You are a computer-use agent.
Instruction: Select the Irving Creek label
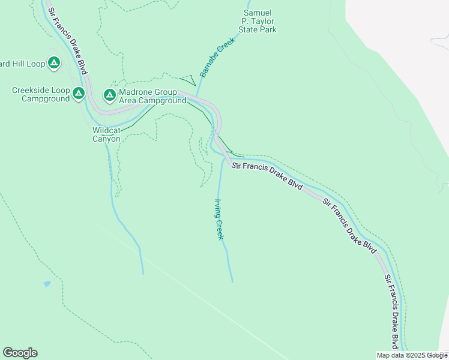(x=220, y=219)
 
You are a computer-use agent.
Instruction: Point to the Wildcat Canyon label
(x=106, y=134)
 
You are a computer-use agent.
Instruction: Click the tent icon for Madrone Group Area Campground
(x=109, y=95)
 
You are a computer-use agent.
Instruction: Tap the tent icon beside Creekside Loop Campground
(x=79, y=94)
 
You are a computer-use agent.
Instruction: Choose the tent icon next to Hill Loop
(x=53, y=62)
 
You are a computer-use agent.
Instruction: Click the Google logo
(x=20, y=353)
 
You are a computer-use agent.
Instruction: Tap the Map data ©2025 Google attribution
(x=412, y=355)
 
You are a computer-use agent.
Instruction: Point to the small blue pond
(x=47, y=284)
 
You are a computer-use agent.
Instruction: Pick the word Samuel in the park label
(x=258, y=13)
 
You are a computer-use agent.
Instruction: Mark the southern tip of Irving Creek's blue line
(x=232, y=280)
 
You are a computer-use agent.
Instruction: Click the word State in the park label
(x=250, y=29)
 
